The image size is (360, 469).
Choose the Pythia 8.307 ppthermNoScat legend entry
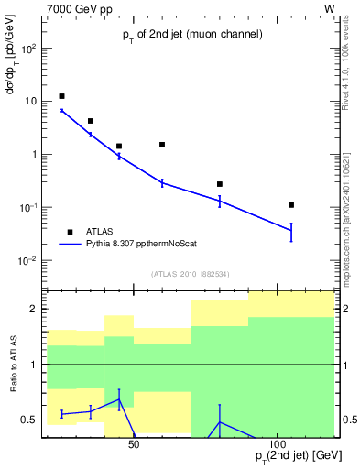tap(143, 245)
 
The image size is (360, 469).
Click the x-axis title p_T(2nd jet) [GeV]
tap(293, 455)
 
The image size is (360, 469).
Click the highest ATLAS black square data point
tap(61, 96)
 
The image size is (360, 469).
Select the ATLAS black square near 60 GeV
tap(162, 145)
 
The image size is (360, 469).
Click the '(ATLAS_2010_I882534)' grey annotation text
tap(189, 274)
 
